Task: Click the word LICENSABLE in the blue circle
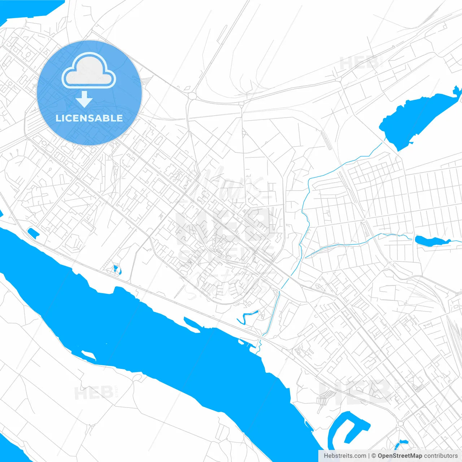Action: pyautogui.click(x=89, y=118)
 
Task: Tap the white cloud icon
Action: pyautogui.click(x=89, y=71)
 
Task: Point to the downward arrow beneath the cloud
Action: pyautogui.click(x=84, y=99)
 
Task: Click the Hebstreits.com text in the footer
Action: pyautogui.click(x=345, y=456)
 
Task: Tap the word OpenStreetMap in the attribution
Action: pyautogui.click(x=400, y=456)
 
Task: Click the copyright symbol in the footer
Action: pyautogui.click(x=374, y=456)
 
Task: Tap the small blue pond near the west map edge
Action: pyautogui.click(x=33, y=233)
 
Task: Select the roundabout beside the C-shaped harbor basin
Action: pyautogui.click(x=400, y=423)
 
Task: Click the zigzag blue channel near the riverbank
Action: pyautogui.click(x=247, y=317)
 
